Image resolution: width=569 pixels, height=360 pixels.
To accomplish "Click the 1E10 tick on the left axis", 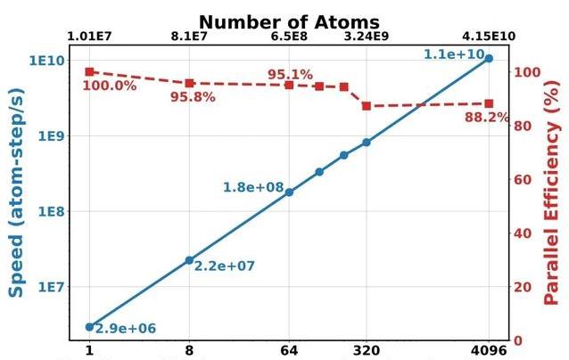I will pos(45,61).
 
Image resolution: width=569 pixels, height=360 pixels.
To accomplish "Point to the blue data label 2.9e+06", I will pos(126,330).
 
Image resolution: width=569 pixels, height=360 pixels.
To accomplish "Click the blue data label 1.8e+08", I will pos(253,188).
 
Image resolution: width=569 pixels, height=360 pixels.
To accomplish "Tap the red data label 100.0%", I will pos(109,86).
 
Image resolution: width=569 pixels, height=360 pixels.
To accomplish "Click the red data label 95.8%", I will pos(193,97).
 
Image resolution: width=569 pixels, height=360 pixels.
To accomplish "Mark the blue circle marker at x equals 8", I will pos(189,260).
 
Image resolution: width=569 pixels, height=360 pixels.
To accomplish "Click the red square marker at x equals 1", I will pos(89,72).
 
